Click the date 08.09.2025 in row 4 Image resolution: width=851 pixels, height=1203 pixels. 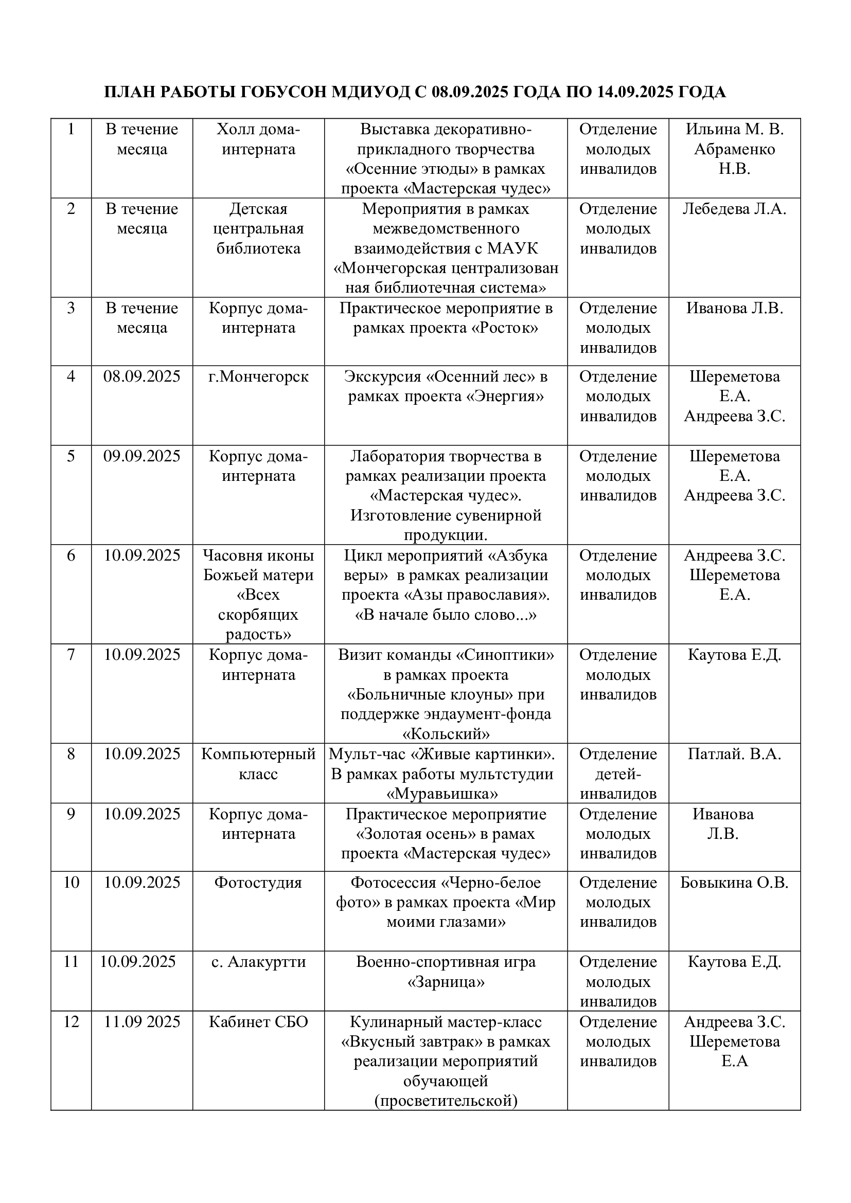[x=141, y=376]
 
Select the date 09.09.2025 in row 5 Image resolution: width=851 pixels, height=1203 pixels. [x=141, y=456]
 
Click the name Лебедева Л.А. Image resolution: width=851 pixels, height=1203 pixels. [x=734, y=209]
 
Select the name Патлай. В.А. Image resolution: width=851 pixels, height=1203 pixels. [x=734, y=754]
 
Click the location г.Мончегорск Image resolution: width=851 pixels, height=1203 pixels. [x=258, y=376]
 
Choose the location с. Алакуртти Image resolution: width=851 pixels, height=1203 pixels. [x=258, y=962]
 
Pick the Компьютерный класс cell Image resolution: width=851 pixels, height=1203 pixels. [x=258, y=764]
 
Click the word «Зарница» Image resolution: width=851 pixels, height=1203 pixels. [x=446, y=982]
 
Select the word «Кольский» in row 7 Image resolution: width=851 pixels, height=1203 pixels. [x=446, y=733]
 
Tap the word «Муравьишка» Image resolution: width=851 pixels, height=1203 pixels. [x=442, y=794]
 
